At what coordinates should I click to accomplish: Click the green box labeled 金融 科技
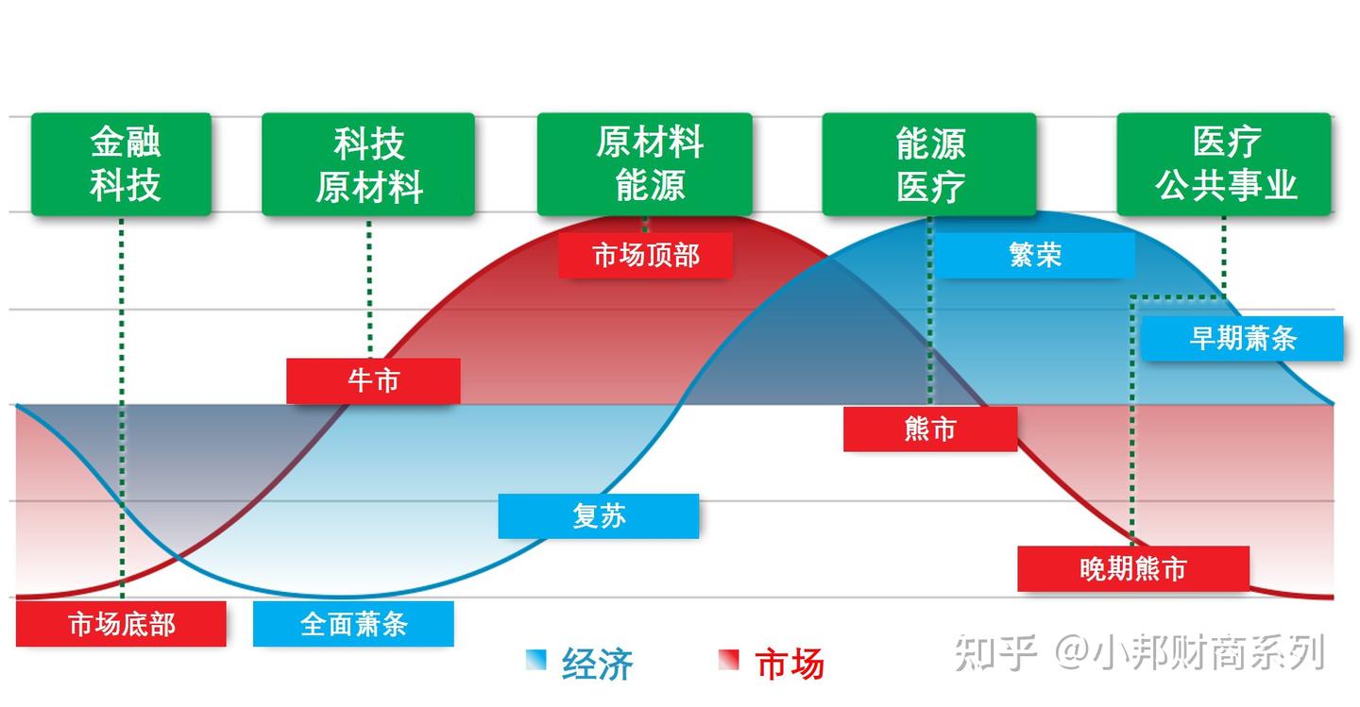(122, 164)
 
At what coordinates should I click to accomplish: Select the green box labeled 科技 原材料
(368, 164)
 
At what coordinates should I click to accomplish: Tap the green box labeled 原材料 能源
(645, 164)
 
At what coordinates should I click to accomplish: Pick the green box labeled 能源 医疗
(929, 164)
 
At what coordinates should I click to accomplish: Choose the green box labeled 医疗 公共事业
(1224, 164)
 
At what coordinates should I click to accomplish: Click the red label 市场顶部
(645, 255)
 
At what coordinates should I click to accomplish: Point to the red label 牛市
(373, 380)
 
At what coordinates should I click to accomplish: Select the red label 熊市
(930, 429)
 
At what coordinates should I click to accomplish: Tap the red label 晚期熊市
(1133, 568)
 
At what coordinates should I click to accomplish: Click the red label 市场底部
(121, 624)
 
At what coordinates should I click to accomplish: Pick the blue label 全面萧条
(353, 624)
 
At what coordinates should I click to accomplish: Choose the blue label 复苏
(599, 515)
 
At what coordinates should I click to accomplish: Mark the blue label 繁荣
(1035, 255)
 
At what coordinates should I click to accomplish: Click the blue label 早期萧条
(1242, 338)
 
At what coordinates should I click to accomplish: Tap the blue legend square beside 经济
(535, 660)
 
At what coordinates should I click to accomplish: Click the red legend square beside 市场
(729, 660)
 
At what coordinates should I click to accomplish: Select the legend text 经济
(597, 664)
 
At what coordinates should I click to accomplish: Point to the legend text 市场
(790, 664)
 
